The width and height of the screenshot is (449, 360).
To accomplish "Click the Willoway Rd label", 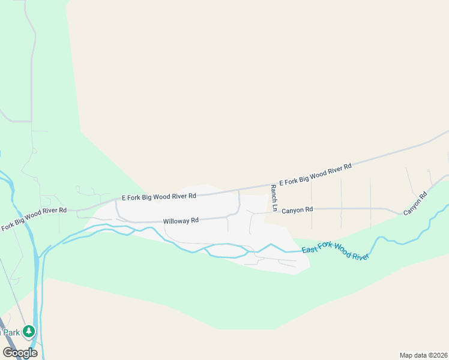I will point(181,221).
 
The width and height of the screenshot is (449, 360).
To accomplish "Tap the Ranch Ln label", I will point(274,198).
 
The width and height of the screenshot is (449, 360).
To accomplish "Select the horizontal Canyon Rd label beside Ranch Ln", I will point(297,210).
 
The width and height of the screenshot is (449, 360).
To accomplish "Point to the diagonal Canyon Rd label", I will point(415,204).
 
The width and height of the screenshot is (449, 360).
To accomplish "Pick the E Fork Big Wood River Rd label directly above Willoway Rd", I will point(159,196).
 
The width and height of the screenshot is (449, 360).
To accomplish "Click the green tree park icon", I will point(29,331).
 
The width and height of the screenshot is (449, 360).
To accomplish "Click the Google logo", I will point(20,352).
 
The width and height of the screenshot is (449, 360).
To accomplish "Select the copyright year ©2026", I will point(436,355).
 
